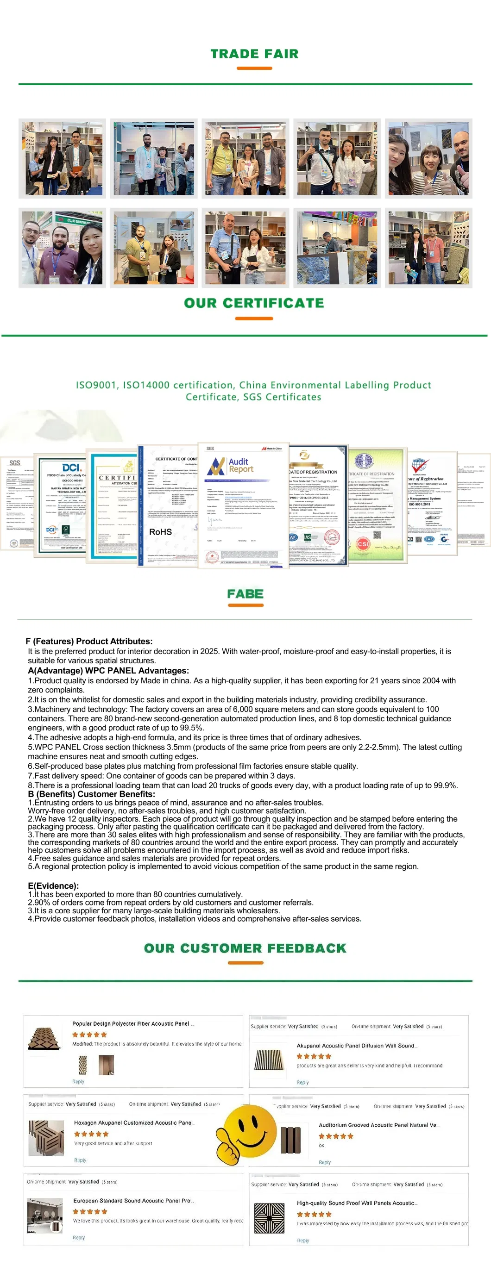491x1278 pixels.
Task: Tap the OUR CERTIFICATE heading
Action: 254,303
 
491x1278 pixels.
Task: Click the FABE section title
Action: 245,594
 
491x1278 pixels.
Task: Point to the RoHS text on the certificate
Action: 160,532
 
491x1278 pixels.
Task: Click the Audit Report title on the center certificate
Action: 241,465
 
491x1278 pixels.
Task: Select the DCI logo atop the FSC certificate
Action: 72,468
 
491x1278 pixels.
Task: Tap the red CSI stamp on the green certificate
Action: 363,544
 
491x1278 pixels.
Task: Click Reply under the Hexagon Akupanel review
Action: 80,1160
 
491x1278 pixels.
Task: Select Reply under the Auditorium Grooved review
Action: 325,1162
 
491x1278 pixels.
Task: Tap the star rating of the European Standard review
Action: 90,1211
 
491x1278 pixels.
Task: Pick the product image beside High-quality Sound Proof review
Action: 269,1218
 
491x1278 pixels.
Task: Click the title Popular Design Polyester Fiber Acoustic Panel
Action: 131,1023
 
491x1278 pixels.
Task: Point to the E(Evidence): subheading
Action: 53,885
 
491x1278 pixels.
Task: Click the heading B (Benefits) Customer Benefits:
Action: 91,794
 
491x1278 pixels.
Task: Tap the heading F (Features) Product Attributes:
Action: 89,642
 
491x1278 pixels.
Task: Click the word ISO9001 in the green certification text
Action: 97,386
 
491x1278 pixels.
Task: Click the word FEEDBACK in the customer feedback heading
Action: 307,948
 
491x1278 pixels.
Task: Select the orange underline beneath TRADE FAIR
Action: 254,68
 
